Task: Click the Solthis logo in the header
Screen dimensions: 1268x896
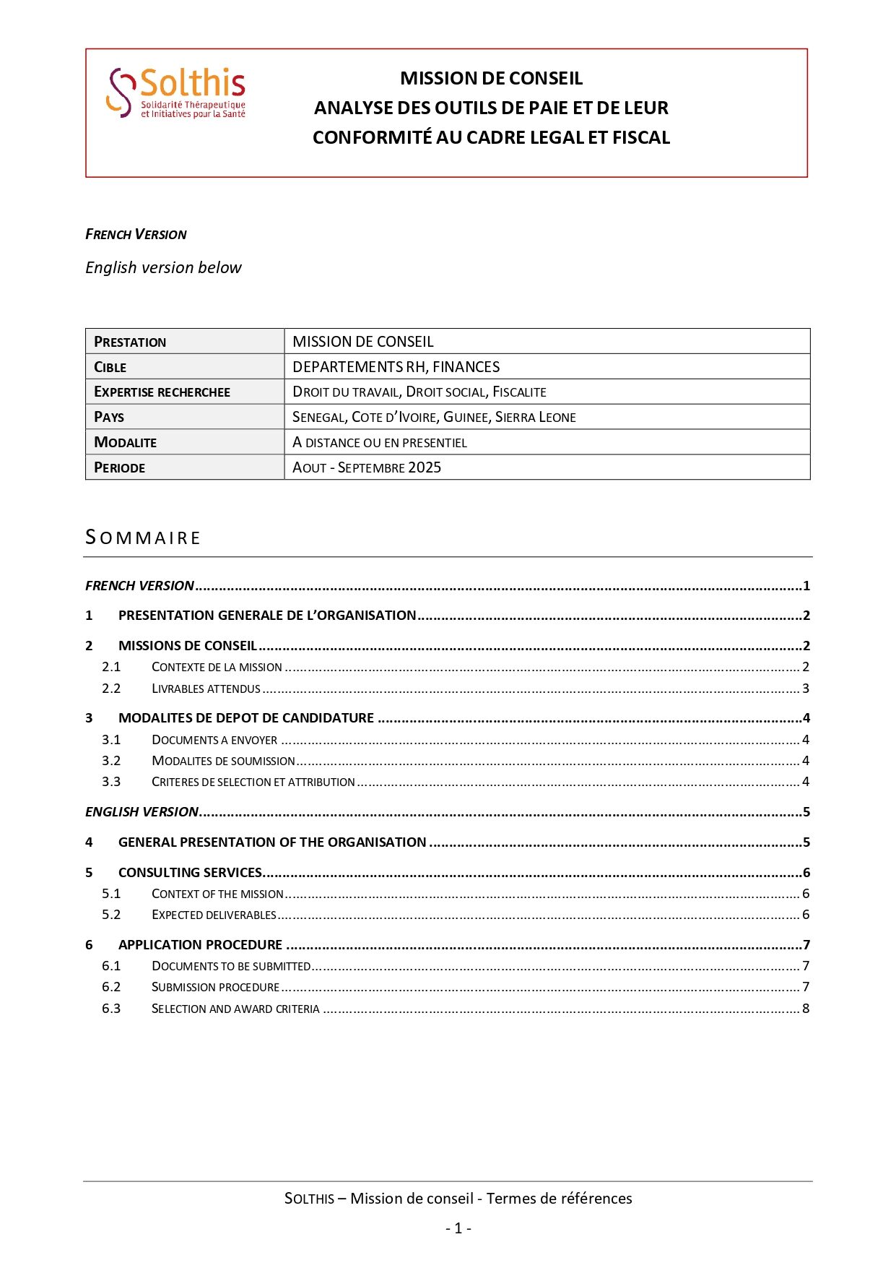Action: click(177, 92)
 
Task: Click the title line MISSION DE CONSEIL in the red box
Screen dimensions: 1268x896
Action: click(491, 78)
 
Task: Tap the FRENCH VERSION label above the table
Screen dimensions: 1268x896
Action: click(136, 234)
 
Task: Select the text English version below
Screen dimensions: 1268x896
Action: click(163, 267)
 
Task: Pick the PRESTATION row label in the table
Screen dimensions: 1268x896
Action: click(130, 342)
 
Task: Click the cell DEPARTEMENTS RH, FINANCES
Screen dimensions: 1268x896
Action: click(396, 367)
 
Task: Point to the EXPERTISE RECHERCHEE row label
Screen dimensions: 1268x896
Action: click(162, 392)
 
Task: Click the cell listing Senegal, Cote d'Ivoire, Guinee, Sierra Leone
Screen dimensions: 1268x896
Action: click(434, 417)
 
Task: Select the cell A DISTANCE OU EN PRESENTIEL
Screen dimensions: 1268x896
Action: click(380, 442)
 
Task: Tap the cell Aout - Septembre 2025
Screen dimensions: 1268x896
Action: click(367, 467)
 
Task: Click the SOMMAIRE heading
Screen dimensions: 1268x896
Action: click(143, 538)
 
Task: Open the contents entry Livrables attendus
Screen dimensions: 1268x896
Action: click(206, 689)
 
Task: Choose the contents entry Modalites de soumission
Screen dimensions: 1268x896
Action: click(223, 761)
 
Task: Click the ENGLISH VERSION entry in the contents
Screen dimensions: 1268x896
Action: click(142, 812)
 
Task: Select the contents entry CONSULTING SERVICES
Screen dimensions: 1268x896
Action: click(190, 873)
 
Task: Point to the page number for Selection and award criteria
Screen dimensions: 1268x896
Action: click(806, 1009)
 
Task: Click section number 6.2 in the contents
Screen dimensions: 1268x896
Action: click(111, 987)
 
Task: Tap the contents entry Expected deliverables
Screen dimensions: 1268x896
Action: click(214, 915)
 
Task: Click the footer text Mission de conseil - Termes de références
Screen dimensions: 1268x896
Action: click(458, 1199)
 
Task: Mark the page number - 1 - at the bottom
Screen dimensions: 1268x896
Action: click(458, 1228)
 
